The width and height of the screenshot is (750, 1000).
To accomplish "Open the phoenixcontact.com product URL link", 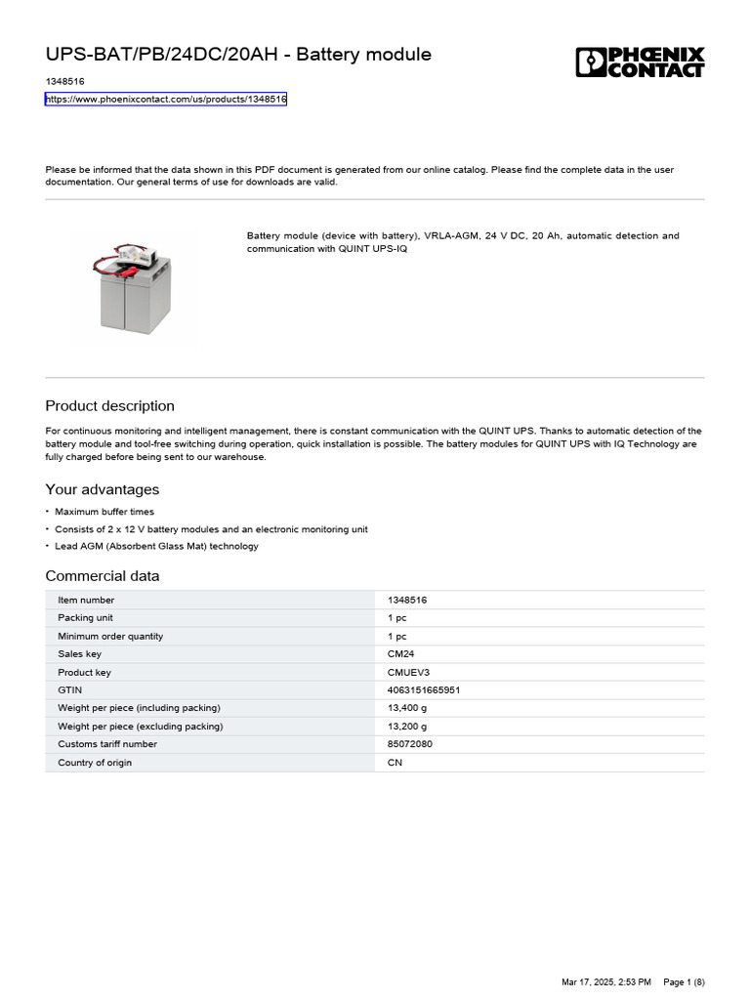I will click(x=166, y=100).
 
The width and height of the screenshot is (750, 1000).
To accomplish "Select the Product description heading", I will click(x=110, y=406).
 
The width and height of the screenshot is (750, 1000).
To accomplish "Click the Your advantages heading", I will click(x=103, y=489).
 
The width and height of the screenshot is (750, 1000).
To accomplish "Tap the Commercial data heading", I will click(x=103, y=576).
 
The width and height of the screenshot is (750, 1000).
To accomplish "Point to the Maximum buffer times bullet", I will click(x=104, y=512).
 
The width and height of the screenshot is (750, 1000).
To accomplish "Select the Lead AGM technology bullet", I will click(x=156, y=547).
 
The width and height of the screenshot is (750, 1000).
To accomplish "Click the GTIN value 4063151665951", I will click(x=424, y=690).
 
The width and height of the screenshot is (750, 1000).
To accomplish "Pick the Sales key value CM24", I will click(x=400, y=654).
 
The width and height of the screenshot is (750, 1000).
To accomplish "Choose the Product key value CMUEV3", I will click(x=408, y=673).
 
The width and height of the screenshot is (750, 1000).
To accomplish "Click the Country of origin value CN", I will click(x=395, y=763).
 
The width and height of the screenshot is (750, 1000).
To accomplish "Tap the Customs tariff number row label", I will click(x=107, y=744).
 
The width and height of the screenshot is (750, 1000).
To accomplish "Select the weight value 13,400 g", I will click(x=407, y=708).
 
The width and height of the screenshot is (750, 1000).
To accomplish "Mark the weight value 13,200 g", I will click(x=407, y=727).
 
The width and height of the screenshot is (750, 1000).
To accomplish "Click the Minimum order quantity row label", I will click(x=110, y=637).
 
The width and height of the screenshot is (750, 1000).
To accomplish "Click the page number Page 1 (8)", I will click(x=684, y=981).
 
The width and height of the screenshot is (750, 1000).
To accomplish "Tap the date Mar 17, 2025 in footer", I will click(x=585, y=981).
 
